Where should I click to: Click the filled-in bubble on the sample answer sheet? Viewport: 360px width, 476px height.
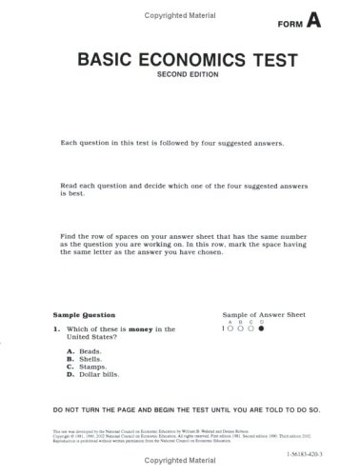[260, 328]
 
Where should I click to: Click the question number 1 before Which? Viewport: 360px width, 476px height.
[55, 329]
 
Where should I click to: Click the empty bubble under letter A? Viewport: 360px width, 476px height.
[230, 328]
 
